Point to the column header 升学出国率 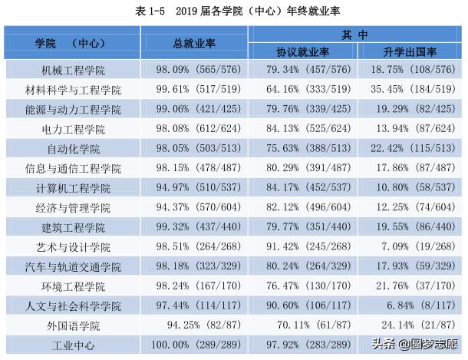pos(410,52)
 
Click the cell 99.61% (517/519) pos(193,89)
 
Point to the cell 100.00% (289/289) pos(193,345)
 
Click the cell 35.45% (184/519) pos(410,89)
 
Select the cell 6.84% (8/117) pos(410,305)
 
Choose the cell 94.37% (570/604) pos(193,207)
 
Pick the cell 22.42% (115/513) pos(410,148)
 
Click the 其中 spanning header pos(356,35)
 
